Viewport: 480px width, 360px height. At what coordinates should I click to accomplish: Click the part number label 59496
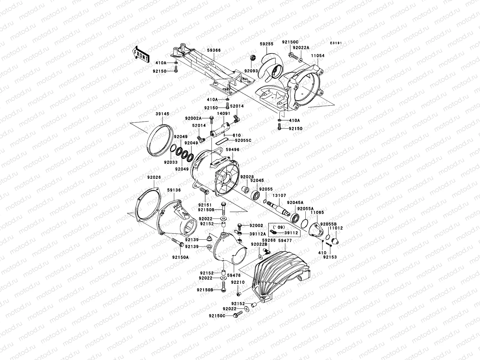(232, 150)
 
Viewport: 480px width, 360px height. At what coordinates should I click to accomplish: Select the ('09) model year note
(273, 227)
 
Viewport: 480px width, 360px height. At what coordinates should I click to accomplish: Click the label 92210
(238, 282)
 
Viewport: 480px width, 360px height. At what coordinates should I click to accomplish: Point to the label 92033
(171, 162)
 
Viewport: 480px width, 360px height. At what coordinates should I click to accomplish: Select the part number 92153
(330, 257)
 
